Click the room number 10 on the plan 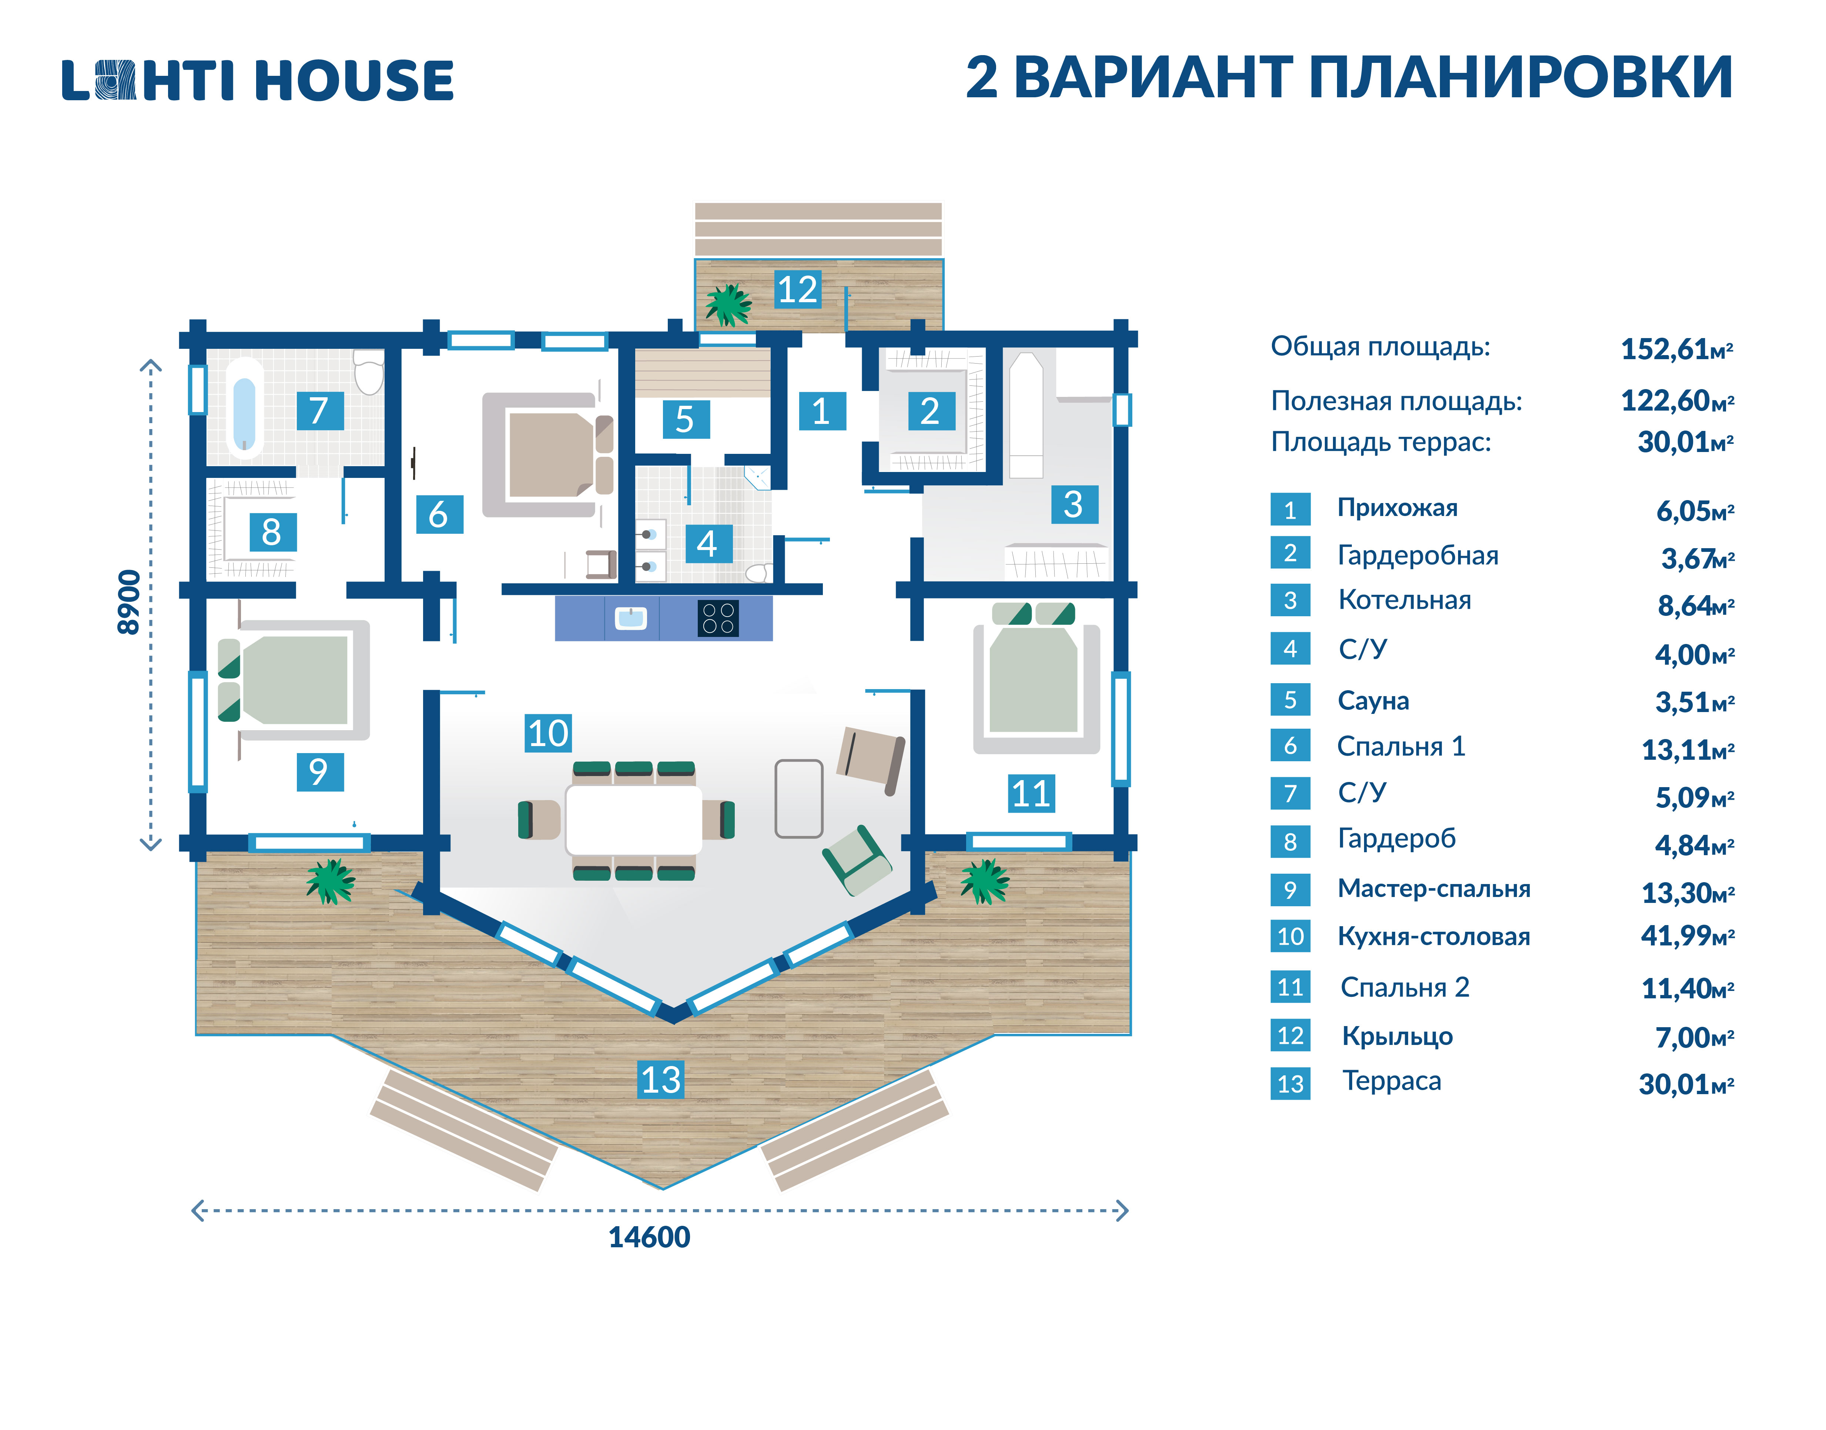tap(548, 733)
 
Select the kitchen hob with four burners tap(718, 619)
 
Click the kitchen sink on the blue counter tap(631, 618)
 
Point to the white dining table tap(634, 820)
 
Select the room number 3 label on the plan tap(1074, 505)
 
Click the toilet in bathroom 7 tap(369, 371)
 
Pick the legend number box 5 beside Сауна tap(1290, 700)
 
